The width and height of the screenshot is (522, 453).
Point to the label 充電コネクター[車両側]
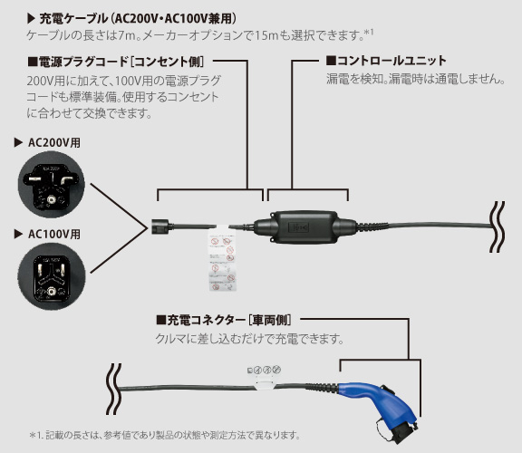227,321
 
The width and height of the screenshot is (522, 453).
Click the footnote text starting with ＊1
163,435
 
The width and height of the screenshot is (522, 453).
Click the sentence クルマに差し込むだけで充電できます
249,339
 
